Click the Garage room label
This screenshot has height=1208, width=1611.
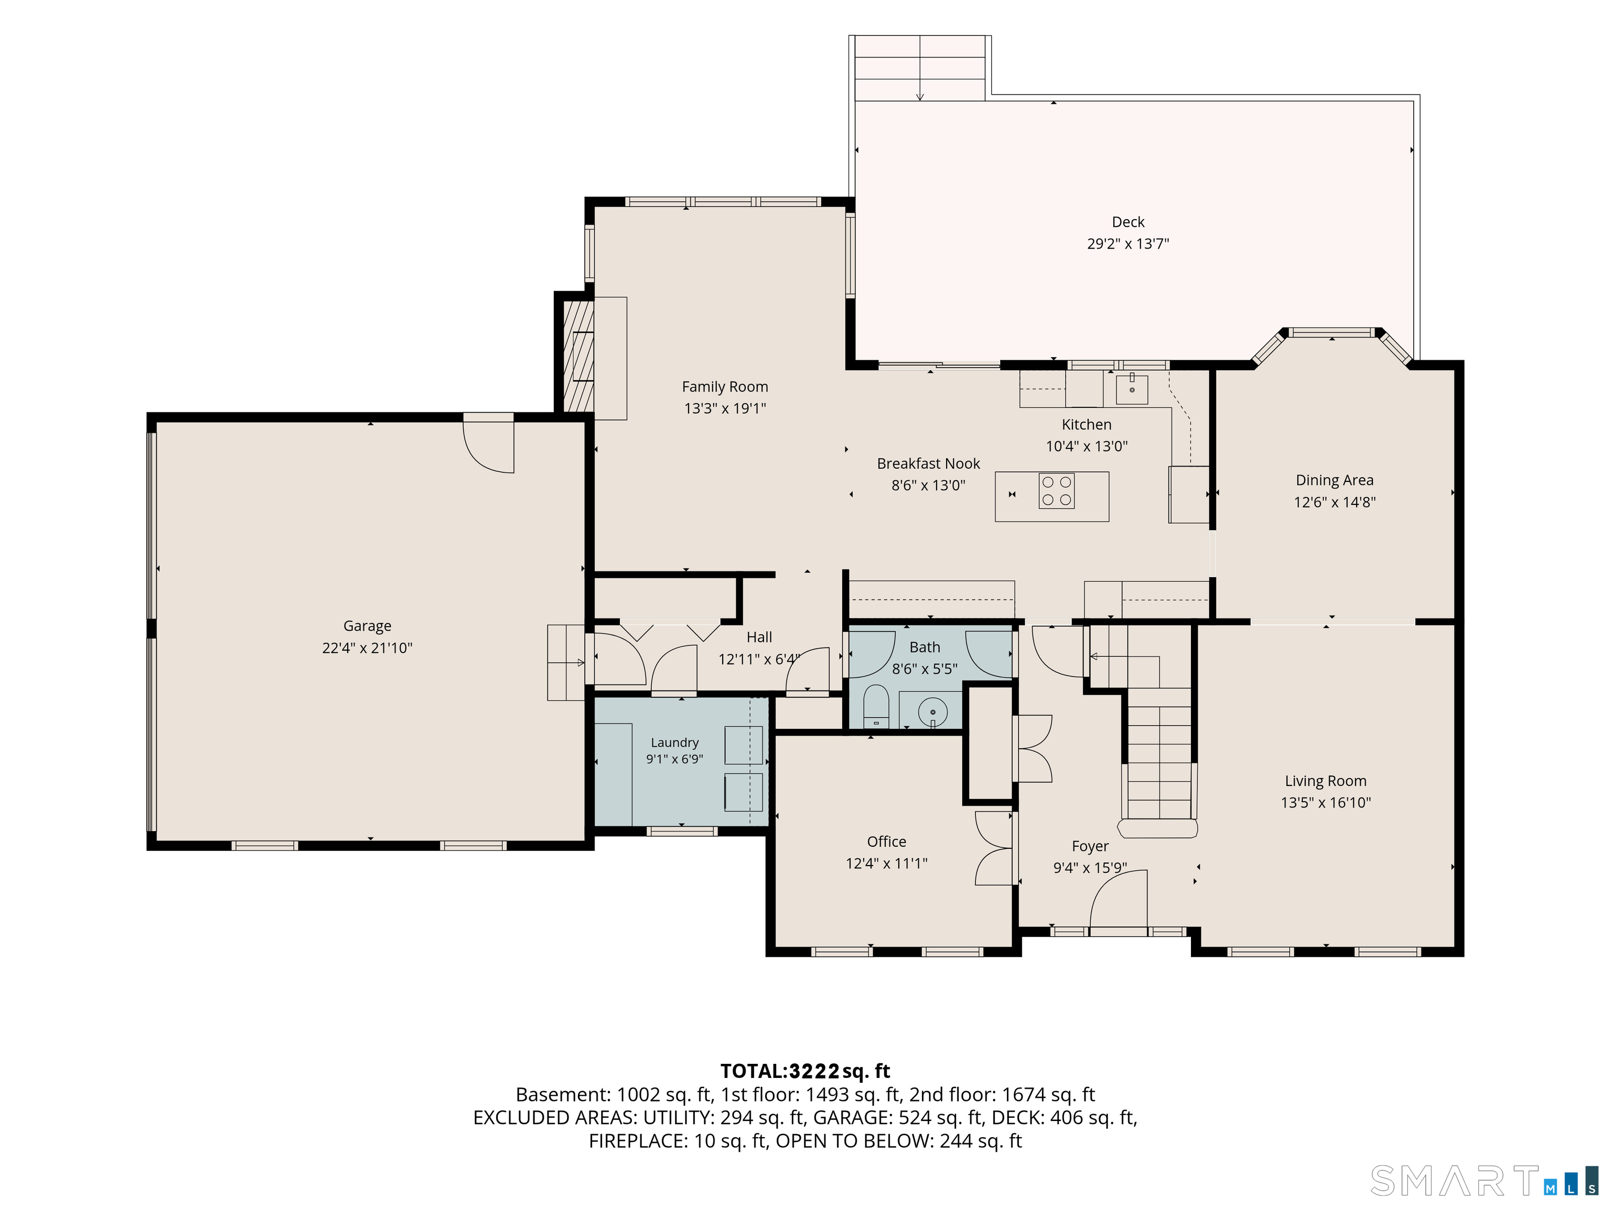(x=367, y=625)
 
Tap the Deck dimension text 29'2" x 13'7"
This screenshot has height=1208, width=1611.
(x=1128, y=244)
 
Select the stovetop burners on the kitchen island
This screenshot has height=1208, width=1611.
(x=1056, y=491)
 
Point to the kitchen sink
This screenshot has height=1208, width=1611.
(x=1132, y=389)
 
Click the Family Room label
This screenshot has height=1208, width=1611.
(x=725, y=386)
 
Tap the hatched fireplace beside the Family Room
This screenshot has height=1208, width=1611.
(x=578, y=357)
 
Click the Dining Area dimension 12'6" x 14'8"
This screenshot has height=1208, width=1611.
(x=1334, y=502)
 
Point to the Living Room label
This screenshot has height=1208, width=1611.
(x=1326, y=781)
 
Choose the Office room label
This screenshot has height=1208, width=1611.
(x=886, y=841)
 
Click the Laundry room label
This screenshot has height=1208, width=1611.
(x=674, y=742)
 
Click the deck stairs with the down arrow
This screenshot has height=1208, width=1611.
(x=920, y=68)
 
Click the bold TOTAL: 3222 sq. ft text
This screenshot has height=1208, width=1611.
(x=805, y=1071)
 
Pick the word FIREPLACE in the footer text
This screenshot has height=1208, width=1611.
(x=637, y=1141)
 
